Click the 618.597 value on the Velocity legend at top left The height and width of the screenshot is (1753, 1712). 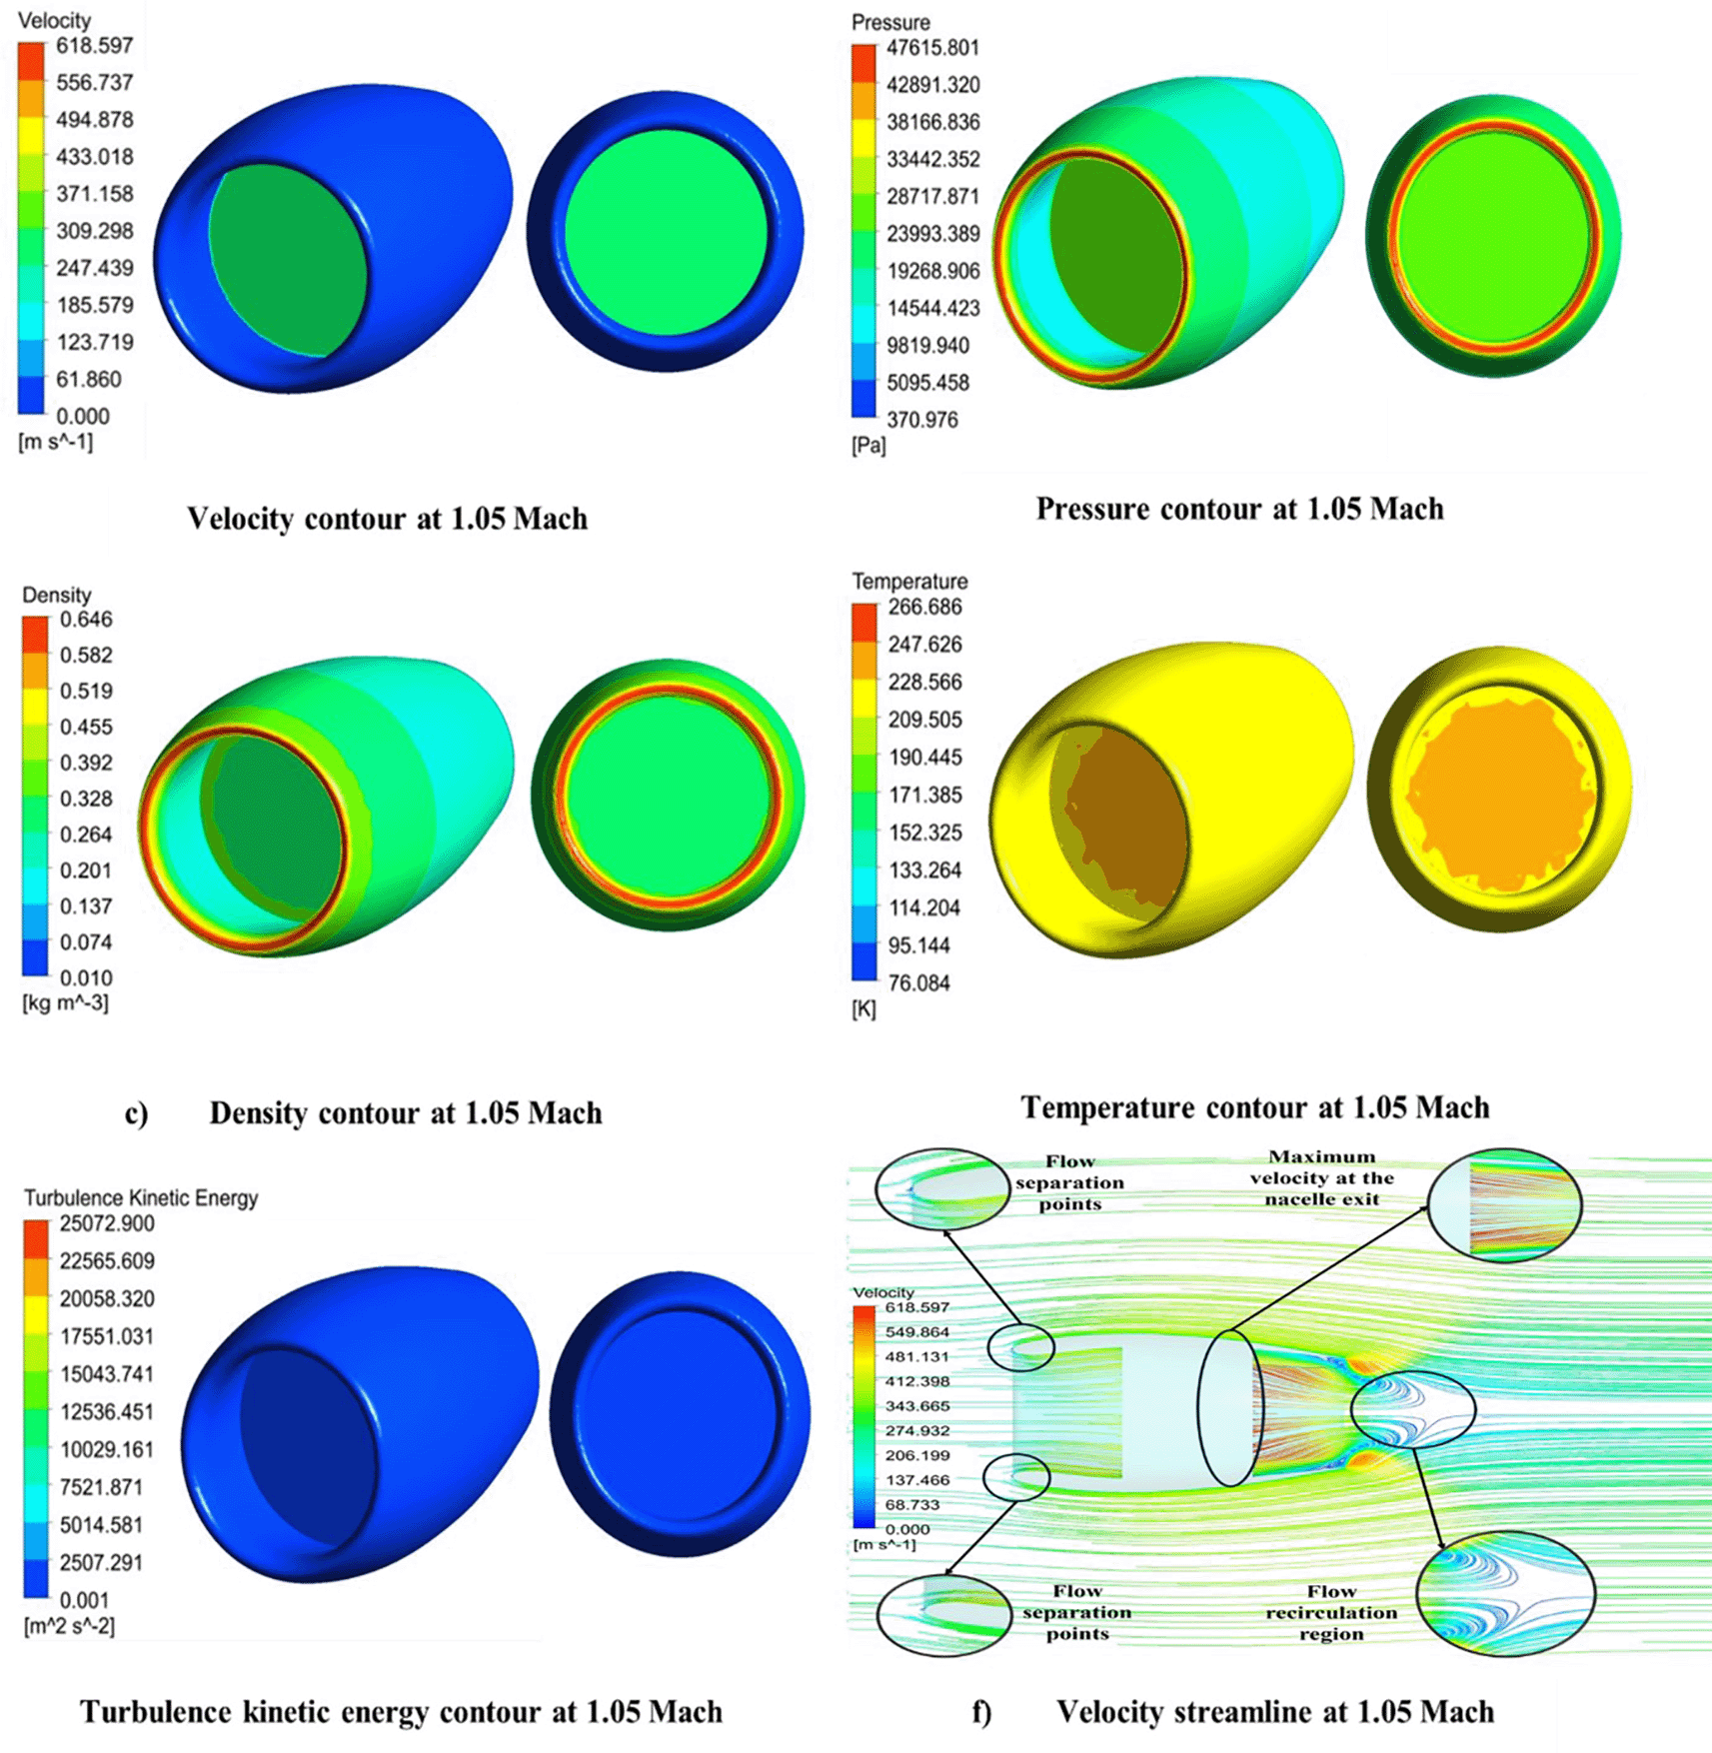click(94, 46)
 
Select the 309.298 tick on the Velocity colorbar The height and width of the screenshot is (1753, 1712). click(94, 231)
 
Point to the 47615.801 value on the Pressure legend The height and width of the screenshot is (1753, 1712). click(932, 48)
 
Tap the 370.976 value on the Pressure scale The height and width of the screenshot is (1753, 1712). click(921, 420)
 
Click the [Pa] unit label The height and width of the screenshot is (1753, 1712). click(868, 446)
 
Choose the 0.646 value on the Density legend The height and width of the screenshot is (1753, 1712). click(86, 620)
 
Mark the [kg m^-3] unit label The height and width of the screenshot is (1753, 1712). click(65, 1002)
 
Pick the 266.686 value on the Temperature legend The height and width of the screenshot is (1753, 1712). click(924, 608)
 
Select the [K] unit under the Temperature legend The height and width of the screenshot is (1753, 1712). click(863, 1009)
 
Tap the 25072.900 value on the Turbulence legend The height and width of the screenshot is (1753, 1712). click(107, 1224)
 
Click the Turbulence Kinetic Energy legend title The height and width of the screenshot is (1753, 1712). click(141, 1197)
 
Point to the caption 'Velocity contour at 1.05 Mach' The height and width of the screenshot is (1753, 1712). click(387, 519)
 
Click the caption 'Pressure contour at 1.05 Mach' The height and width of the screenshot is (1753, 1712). click(1239, 509)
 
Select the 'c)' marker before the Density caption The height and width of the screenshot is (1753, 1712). click(136, 1113)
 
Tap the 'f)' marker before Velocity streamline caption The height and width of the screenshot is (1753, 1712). click(982, 1713)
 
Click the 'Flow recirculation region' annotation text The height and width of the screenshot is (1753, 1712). click(1331, 1612)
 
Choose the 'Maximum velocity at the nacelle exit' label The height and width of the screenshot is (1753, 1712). click(1321, 1177)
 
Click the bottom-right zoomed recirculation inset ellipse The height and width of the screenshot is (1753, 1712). click(1505, 1593)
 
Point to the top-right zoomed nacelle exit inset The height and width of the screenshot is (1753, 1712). click(1505, 1204)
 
